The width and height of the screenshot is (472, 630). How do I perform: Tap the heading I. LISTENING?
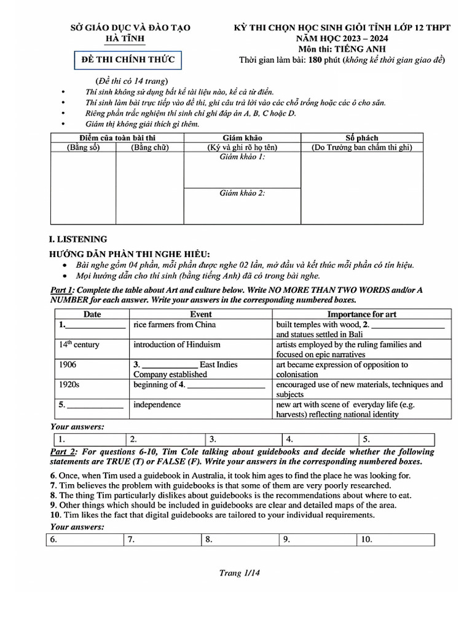[x=77, y=239]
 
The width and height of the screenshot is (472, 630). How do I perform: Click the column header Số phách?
[x=362, y=138]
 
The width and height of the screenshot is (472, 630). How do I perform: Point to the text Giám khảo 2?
[x=242, y=193]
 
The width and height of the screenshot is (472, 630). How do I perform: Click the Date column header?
[x=92, y=314]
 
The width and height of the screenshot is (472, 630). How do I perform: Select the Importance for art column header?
[x=353, y=314]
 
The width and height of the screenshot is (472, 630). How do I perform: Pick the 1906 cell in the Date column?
[x=68, y=365]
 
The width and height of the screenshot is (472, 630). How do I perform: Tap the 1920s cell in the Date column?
[x=69, y=385]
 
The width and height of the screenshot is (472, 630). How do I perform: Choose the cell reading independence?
[x=157, y=405]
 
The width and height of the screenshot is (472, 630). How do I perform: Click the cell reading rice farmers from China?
[x=175, y=324]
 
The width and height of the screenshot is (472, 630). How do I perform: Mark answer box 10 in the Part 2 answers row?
[x=395, y=540]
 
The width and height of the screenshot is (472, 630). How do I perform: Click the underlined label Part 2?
[x=63, y=452]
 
